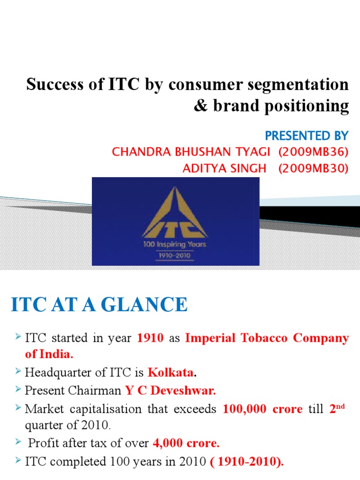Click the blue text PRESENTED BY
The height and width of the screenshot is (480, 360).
click(307, 136)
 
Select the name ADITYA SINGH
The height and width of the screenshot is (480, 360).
click(224, 168)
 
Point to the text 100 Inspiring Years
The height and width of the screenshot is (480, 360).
click(175, 244)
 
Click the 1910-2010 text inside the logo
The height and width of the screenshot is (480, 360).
click(175, 256)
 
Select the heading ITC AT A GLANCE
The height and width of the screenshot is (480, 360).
click(99, 306)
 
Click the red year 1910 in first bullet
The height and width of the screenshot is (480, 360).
click(150, 338)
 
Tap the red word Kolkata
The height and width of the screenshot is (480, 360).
click(171, 373)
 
